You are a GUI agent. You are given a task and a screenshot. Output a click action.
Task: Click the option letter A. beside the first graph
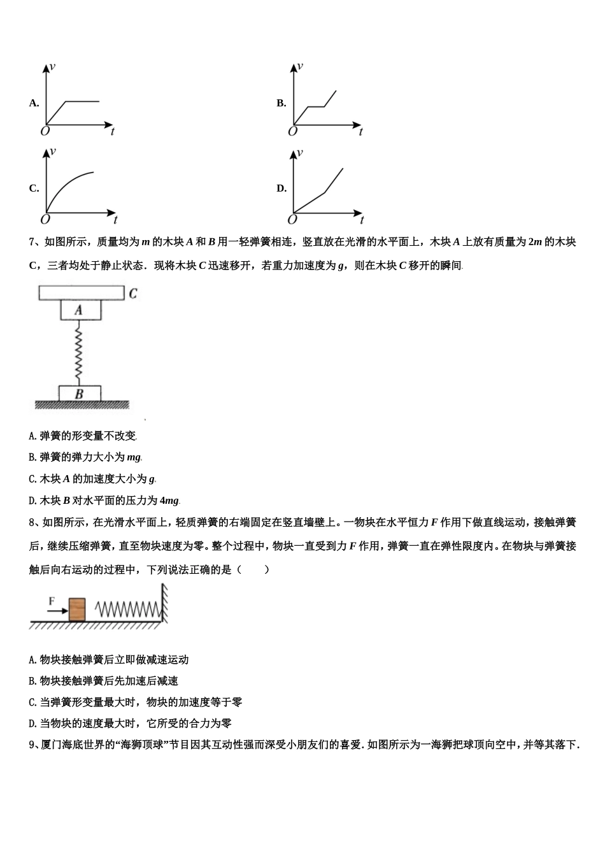point(34,103)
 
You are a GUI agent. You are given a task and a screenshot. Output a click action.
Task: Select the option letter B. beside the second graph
point(281,103)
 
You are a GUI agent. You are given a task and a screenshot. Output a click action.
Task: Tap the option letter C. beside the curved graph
point(34,189)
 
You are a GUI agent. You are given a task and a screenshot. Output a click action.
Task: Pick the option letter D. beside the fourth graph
point(281,189)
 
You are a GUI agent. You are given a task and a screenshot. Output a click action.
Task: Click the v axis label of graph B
point(300,66)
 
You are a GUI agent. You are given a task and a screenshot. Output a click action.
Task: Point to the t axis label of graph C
point(115,220)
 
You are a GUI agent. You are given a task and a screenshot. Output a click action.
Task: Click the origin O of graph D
point(292,220)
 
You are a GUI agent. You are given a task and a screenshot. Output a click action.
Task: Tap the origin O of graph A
point(45,132)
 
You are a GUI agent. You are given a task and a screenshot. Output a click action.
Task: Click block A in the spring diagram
point(80,310)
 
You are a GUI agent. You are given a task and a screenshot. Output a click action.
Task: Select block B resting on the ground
point(80,394)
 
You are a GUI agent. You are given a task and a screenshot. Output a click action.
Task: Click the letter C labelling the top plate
point(133,294)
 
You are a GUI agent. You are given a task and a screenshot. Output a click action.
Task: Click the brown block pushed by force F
point(77,609)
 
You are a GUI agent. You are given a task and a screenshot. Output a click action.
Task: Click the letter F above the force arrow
point(52,600)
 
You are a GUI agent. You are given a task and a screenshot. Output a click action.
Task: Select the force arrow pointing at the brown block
point(57,611)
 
